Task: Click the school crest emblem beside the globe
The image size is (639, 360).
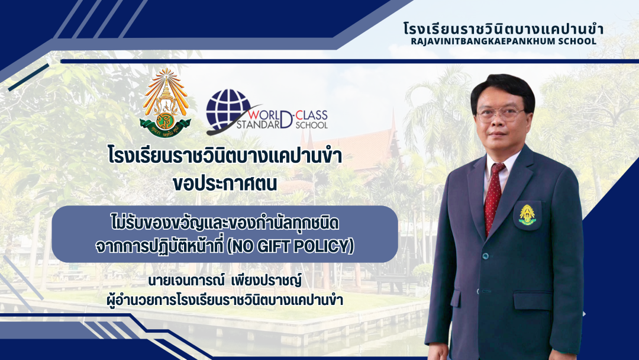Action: pos(165,103)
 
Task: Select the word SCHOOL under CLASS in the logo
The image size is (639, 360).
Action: pos(311,125)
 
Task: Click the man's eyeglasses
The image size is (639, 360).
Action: pos(500,114)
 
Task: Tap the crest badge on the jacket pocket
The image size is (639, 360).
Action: pos(527,216)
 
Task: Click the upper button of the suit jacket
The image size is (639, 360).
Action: pos(485,256)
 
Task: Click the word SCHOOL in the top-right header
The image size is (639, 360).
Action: pos(579,41)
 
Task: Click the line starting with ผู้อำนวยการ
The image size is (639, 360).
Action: pos(225,300)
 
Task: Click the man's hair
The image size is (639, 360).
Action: pos(503,90)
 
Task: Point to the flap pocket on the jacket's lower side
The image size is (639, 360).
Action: pos(532,300)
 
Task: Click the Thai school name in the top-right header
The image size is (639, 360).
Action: pos(504,28)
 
